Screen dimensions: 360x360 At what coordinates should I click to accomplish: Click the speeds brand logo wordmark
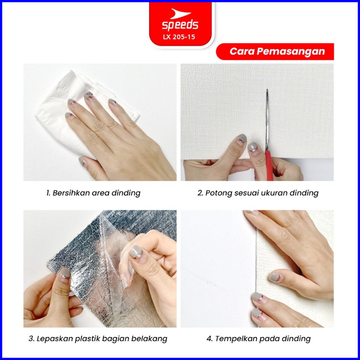(x=180, y=25)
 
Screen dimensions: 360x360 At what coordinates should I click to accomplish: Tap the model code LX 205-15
(x=179, y=37)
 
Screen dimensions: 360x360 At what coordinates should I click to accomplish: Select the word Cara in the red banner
(x=242, y=52)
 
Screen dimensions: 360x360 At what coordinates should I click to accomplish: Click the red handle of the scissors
(x=269, y=165)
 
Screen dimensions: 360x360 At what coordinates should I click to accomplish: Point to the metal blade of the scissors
(x=267, y=120)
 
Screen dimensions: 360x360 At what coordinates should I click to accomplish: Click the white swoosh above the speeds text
(x=180, y=13)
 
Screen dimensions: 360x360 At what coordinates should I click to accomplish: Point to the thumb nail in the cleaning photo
(x=82, y=160)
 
